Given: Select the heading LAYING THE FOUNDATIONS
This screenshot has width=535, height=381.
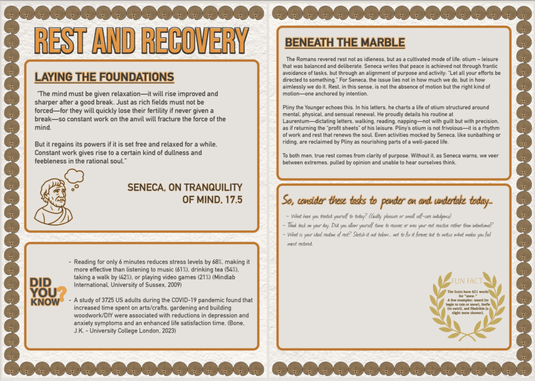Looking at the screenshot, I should click(x=104, y=77).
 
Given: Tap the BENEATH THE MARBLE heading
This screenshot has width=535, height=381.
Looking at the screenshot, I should click(x=345, y=42).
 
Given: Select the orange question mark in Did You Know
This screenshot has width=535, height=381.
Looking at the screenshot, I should click(x=62, y=293).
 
